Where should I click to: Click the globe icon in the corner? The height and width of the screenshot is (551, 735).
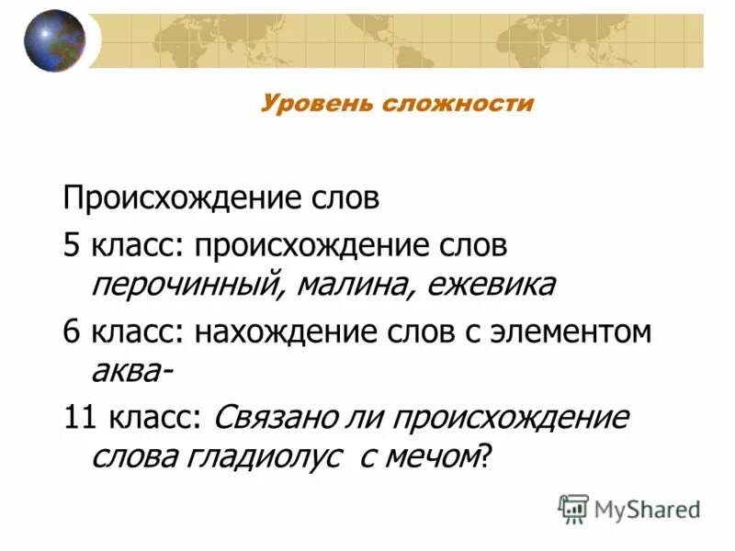pyautogui.click(x=54, y=40)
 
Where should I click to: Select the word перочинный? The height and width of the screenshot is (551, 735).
pyautogui.click(x=181, y=286)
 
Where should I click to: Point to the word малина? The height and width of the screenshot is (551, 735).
pyautogui.click(x=345, y=286)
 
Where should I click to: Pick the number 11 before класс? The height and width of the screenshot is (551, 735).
pyautogui.click(x=79, y=417)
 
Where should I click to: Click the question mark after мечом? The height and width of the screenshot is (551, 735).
pyautogui.click(x=486, y=456)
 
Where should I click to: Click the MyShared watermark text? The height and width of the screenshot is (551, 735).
pyautogui.click(x=647, y=509)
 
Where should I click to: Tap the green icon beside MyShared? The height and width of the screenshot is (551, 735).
pyautogui.click(x=573, y=508)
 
